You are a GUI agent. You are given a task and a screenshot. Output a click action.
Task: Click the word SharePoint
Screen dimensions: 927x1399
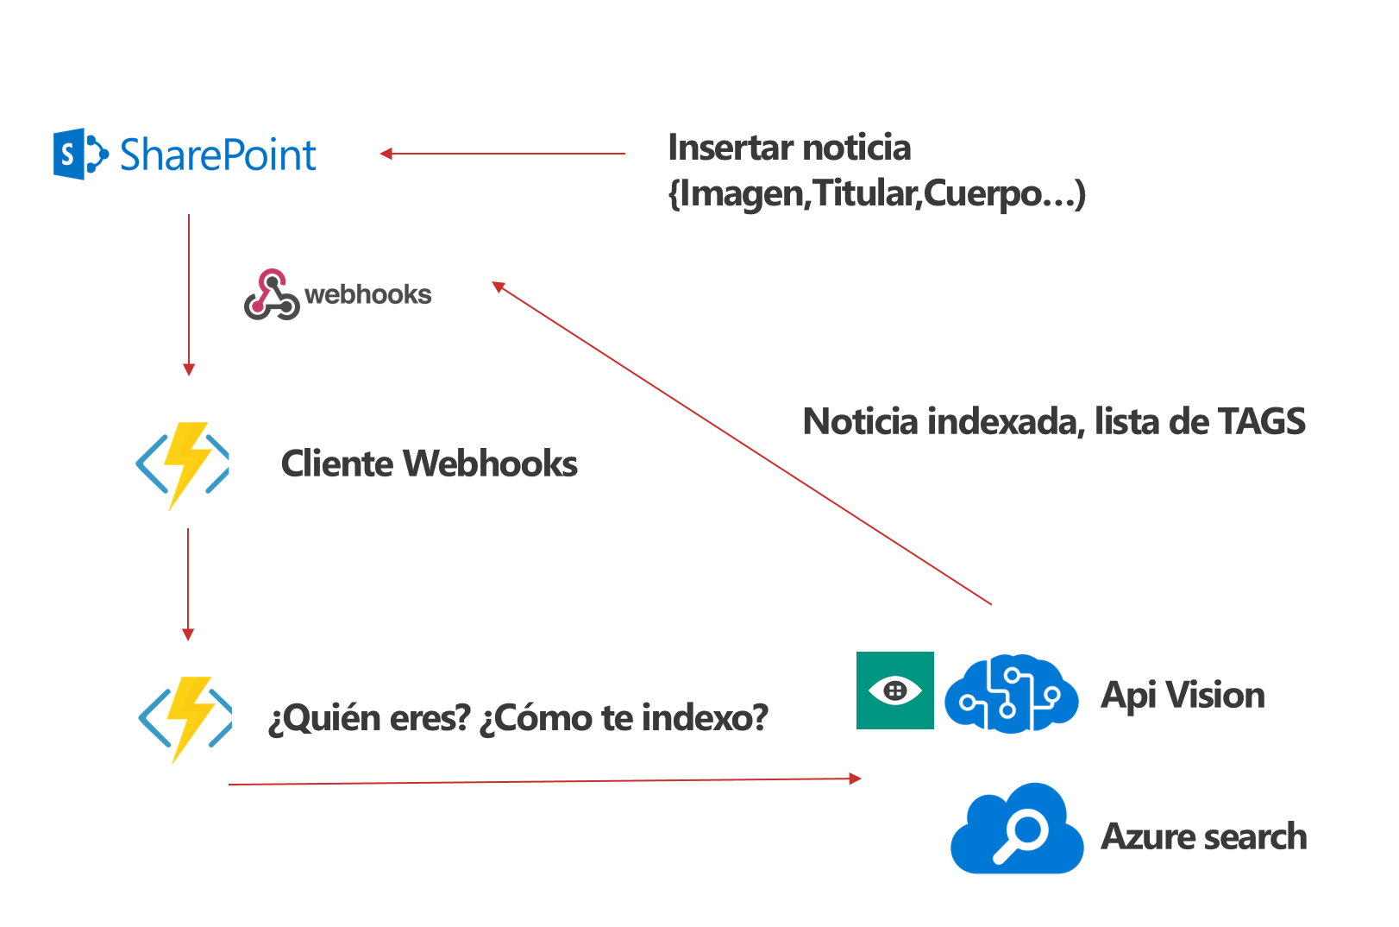pos(217,155)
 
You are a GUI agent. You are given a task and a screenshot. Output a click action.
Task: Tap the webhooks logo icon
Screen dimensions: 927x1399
pos(272,294)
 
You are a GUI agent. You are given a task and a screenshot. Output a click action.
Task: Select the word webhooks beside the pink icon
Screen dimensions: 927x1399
pos(368,294)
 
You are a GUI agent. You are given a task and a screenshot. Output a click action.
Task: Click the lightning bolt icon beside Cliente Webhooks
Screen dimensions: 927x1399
pos(183,464)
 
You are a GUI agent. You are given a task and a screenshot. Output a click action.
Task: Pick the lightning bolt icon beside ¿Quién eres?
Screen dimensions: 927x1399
pos(185,718)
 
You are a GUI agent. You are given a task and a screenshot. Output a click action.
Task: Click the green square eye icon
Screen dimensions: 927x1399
pos(894,691)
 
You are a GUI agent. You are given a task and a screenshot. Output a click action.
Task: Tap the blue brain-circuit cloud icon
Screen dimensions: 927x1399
pos(1011,694)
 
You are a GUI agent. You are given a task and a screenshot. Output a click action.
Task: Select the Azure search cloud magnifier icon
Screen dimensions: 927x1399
pos(1017,830)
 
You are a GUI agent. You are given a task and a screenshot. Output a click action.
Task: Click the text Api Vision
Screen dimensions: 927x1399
pos(1183,695)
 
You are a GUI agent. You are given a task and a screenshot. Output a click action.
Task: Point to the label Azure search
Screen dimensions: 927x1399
pos(1203,836)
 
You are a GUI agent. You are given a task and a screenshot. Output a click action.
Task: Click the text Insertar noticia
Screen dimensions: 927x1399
pos(788,148)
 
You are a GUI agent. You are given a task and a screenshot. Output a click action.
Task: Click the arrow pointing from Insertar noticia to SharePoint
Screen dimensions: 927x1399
pos(502,154)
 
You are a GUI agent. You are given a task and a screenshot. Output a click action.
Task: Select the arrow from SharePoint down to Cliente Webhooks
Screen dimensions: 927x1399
pos(189,293)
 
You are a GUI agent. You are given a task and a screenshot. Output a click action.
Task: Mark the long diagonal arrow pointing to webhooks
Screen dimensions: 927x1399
pos(742,444)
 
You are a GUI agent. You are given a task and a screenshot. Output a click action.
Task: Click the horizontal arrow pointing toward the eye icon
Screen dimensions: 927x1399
pos(543,781)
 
